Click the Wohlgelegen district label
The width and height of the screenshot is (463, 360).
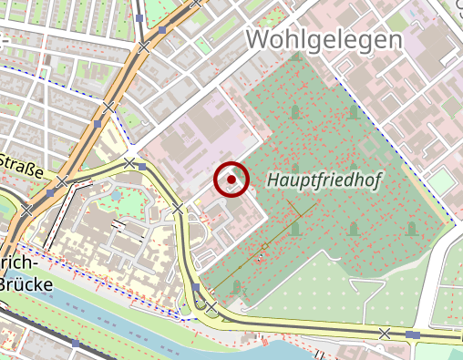click(324, 41)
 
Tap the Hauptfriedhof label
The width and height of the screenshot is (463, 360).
click(324, 181)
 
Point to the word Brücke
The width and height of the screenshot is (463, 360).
click(26, 284)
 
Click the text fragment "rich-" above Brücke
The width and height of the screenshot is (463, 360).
click(21, 262)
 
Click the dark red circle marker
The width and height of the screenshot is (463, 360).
click(231, 180)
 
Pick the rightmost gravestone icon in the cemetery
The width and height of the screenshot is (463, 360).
click(411, 228)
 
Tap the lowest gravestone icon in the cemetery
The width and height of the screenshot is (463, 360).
click(237, 288)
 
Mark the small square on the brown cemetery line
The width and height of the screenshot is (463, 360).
click(265, 246)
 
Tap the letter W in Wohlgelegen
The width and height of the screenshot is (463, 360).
click(259, 41)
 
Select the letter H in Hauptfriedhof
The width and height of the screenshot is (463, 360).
click(273, 181)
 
